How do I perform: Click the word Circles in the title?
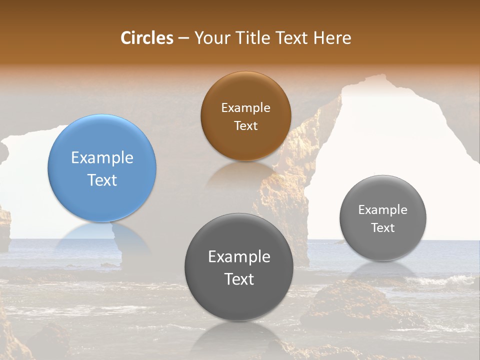pos(146,38)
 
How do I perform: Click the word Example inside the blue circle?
pos(102,158)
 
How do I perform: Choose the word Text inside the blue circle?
pos(102,180)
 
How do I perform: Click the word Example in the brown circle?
pos(245,108)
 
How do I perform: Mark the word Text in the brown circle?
pos(245,125)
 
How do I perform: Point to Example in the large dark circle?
pos(239,257)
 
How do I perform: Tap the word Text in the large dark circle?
pos(239,279)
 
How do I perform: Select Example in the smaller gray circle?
pos(383,210)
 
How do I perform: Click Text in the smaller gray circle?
pos(383,227)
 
